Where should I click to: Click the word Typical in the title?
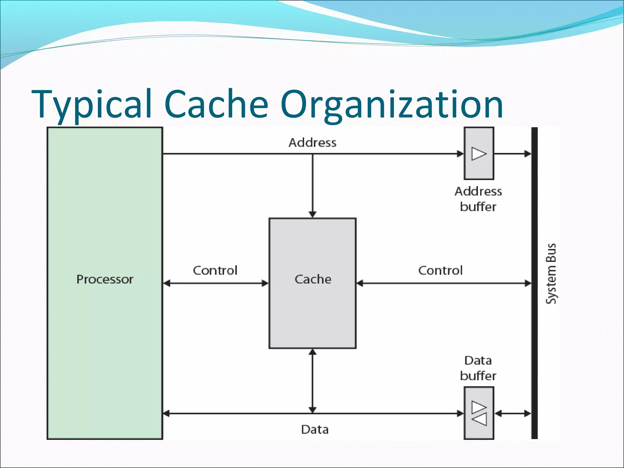91,104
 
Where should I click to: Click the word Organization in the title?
392,104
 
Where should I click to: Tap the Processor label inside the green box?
105,279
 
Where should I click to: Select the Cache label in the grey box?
313,279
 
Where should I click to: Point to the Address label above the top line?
313,143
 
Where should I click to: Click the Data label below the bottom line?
315,430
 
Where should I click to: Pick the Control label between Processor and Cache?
215,271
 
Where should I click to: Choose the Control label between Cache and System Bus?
440,271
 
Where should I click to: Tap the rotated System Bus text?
551,274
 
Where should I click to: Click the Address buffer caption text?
478,199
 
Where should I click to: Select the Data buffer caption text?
478,368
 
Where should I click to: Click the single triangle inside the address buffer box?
479,154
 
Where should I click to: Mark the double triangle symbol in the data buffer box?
479,413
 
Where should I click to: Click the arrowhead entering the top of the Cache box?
313,214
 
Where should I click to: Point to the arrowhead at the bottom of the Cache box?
313,353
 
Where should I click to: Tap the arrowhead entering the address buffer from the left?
460,154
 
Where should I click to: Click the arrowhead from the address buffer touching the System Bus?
528,154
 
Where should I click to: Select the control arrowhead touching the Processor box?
167,283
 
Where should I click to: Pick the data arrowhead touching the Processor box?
167,413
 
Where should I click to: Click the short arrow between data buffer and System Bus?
513,413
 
